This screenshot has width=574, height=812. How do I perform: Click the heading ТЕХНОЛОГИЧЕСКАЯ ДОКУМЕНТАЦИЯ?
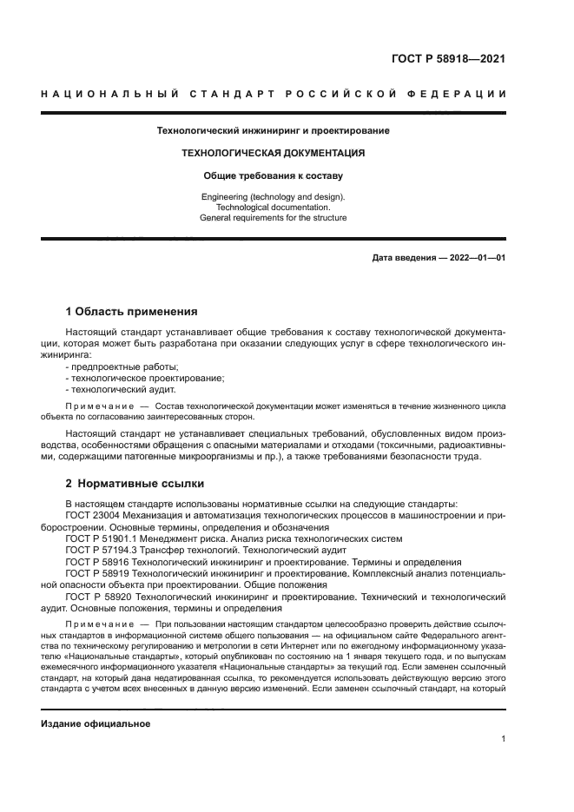tap(273, 153)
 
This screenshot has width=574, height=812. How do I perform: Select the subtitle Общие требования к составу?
tap(273, 175)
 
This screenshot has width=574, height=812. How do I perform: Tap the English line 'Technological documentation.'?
tap(273, 208)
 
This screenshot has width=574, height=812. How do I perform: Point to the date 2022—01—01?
tap(475, 258)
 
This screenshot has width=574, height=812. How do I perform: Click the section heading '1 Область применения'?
tap(132, 311)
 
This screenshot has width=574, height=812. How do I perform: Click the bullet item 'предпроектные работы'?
tap(122, 367)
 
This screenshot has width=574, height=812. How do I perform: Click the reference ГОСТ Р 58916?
tap(101, 562)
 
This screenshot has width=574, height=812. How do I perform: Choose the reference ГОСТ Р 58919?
tap(101, 573)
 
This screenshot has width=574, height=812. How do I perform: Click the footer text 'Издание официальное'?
tap(96, 724)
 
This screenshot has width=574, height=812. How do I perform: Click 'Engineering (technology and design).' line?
tap(273, 197)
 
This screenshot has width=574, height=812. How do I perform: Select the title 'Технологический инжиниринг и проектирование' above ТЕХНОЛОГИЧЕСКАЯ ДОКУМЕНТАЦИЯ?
tap(273, 130)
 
